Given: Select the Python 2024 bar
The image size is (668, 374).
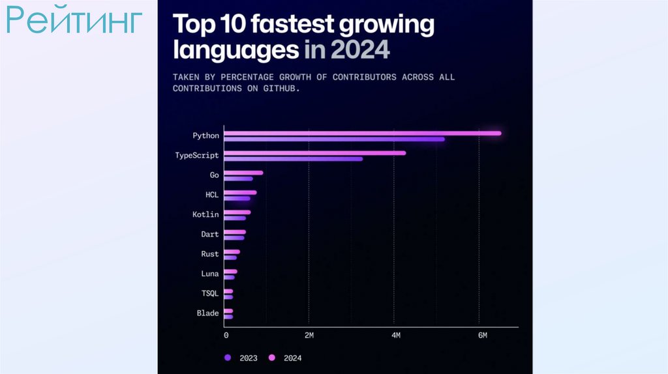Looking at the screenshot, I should (x=362, y=134).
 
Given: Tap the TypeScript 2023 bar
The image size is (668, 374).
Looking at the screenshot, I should (x=293, y=158).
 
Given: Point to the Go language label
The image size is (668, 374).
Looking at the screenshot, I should (x=214, y=175).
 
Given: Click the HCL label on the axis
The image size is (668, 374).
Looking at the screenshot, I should (x=212, y=195).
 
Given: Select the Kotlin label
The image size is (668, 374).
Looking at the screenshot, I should (x=205, y=214).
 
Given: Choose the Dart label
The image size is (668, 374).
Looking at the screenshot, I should (x=210, y=234).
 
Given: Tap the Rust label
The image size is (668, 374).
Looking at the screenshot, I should (x=210, y=254).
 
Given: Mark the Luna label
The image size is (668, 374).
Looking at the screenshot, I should (x=210, y=274).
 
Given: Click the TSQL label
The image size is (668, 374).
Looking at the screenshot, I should (x=210, y=293).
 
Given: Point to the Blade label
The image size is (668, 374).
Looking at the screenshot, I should (x=207, y=313).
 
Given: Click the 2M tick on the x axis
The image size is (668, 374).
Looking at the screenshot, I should (x=309, y=336).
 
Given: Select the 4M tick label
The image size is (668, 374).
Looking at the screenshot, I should (x=395, y=336).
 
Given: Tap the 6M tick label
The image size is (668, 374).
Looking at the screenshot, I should (x=482, y=336).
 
